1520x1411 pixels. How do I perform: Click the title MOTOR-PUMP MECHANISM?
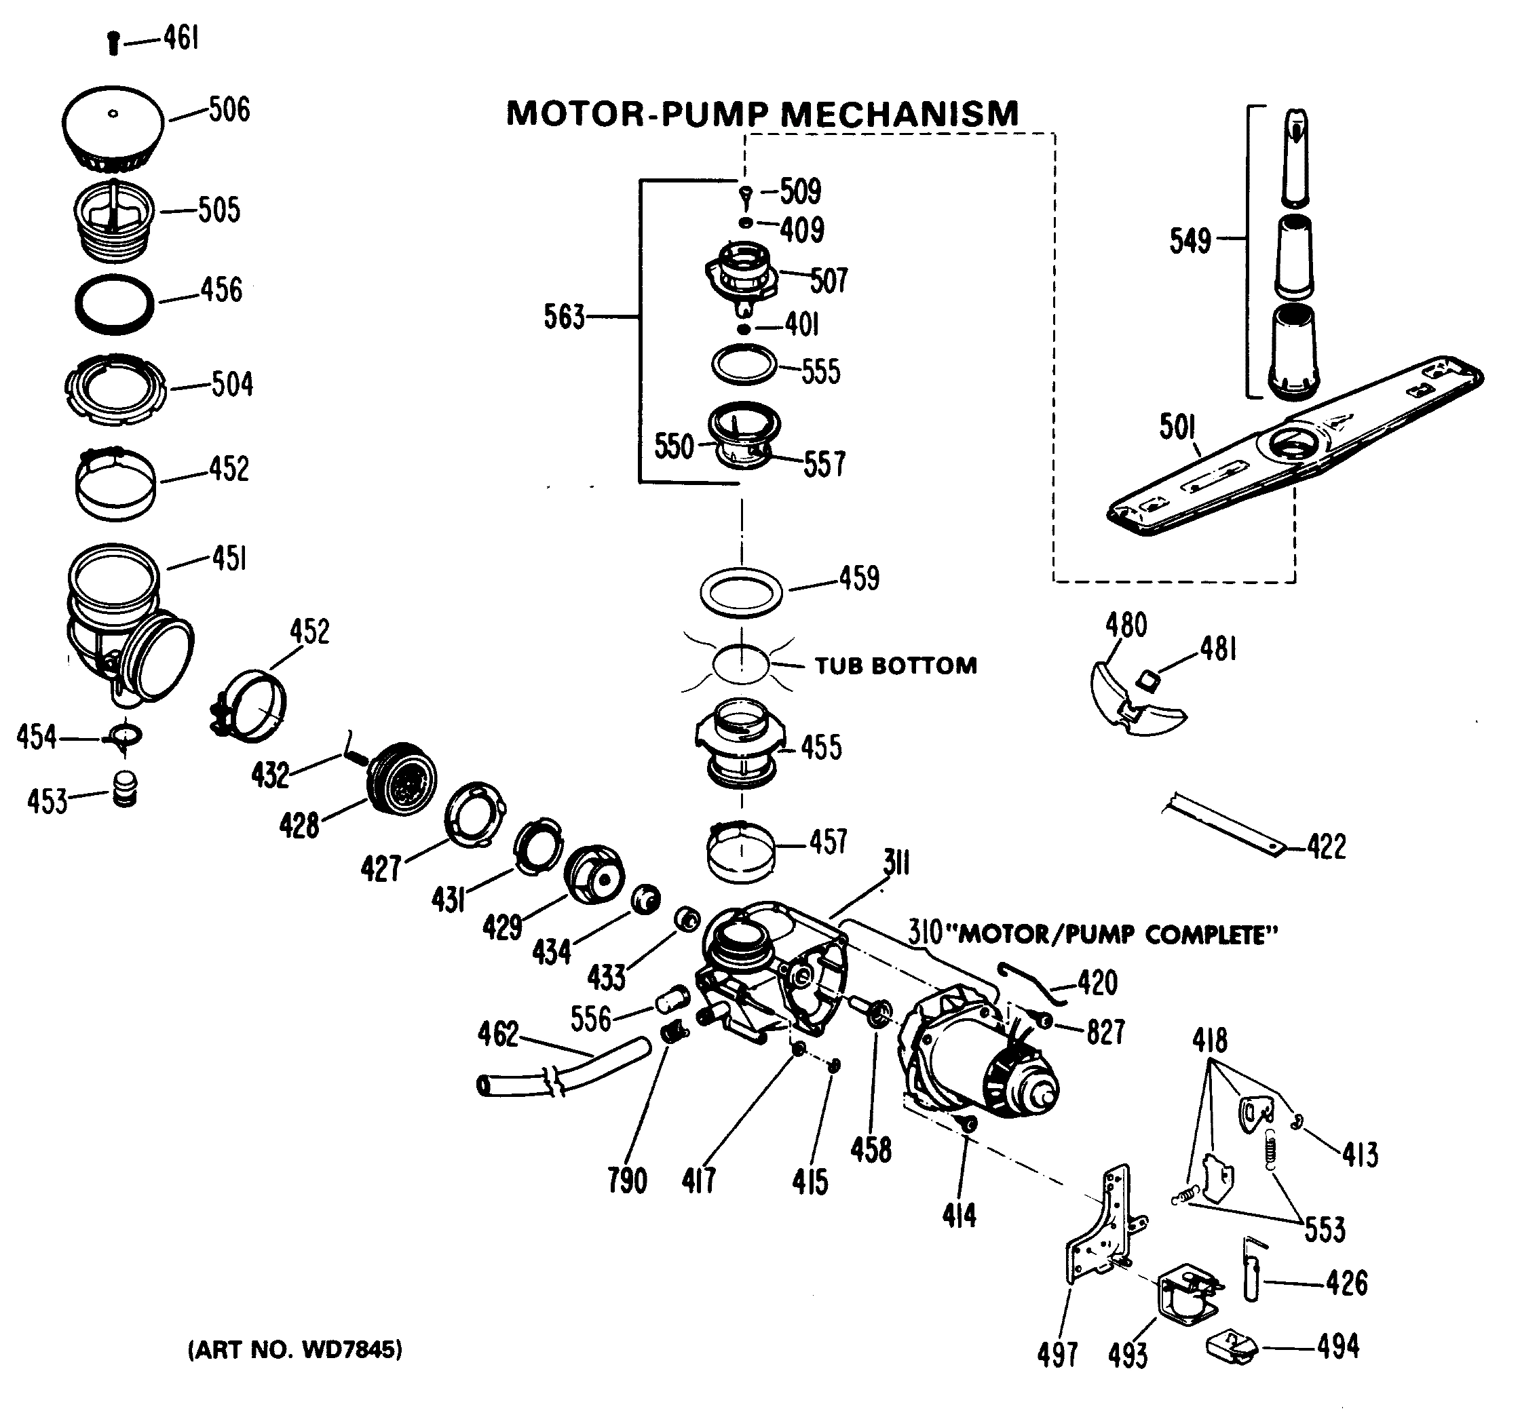pyautogui.click(x=762, y=115)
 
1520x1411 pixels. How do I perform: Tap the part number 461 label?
pyautogui.click(x=181, y=37)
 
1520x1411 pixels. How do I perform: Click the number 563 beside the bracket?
pyautogui.click(x=564, y=316)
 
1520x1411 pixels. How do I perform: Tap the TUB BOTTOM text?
pyautogui.click(x=895, y=665)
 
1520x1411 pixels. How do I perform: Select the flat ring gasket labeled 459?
pyautogui.click(x=741, y=592)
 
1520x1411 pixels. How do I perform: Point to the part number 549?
pyautogui.click(x=1190, y=241)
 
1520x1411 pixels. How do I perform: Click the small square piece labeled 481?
pyautogui.click(x=1147, y=678)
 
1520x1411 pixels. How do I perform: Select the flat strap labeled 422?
pyautogui.click(x=1222, y=823)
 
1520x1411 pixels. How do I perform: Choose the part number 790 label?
pyautogui.click(x=627, y=1180)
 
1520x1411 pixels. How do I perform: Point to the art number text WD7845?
pyautogui.click(x=294, y=1350)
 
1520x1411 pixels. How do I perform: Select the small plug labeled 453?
pyautogui.click(x=124, y=790)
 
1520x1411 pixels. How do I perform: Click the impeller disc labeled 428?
pyautogui.click(x=402, y=779)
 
